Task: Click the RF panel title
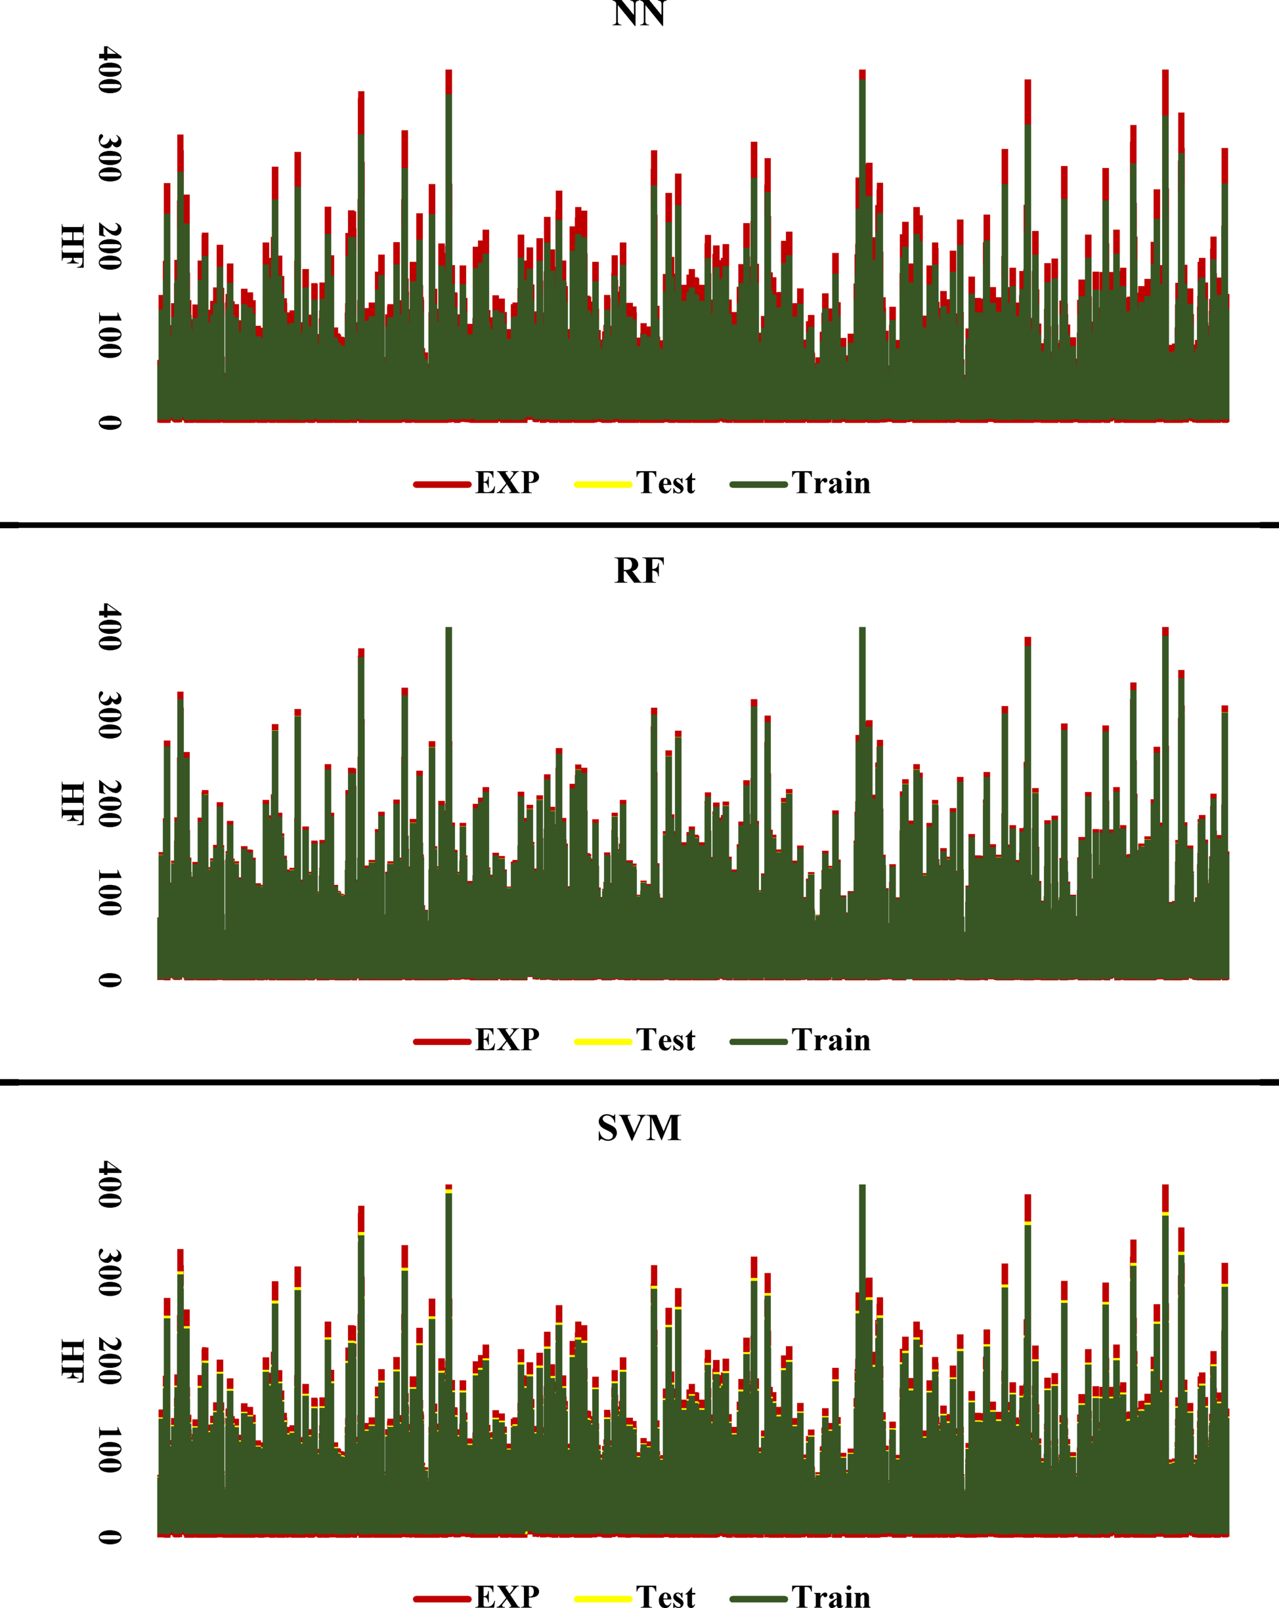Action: coord(639,571)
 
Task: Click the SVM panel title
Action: coord(639,1128)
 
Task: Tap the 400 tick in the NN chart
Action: coord(110,70)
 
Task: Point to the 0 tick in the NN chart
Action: coord(110,422)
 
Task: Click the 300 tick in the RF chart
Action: coord(110,715)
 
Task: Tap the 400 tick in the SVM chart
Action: coord(110,1184)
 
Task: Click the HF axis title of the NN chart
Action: coord(72,245)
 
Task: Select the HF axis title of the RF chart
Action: coord(72,803)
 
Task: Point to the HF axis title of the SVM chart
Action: coord(72,1361)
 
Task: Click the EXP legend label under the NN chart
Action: coord(508,484)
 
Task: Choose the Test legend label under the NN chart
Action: coord(665,484)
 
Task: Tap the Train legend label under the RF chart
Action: coord(831,1041)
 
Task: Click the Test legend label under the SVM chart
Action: coord(665,1596)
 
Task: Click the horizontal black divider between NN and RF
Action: coord(639,525)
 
